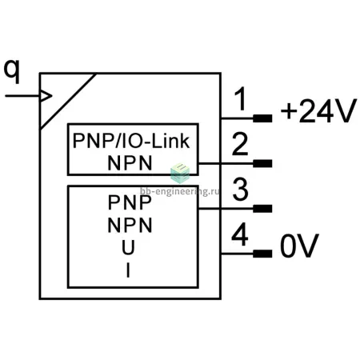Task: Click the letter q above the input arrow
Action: (12, 71)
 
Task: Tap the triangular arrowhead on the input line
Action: (46, 96)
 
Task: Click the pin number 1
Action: (241, 98)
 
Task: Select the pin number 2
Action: (240, 144)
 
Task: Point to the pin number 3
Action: (241, 189)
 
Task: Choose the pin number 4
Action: (240, 234)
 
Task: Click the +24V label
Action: (318, 111)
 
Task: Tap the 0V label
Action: (299, 246)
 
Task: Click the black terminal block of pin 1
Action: (262, 118)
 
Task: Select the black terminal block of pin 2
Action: (262, 163)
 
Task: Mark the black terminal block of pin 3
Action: (262, 209)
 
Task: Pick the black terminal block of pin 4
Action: (262, 254)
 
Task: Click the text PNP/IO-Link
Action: (131, 141)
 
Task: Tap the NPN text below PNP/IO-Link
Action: (130, 163)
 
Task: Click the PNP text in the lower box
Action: (130, 202)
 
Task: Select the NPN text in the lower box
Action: (130, 226)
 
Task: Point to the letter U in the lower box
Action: (128, 247)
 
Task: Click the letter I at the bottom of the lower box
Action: (128, 270)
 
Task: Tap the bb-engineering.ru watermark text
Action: (180, 191)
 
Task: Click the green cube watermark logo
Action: (180, 173)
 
